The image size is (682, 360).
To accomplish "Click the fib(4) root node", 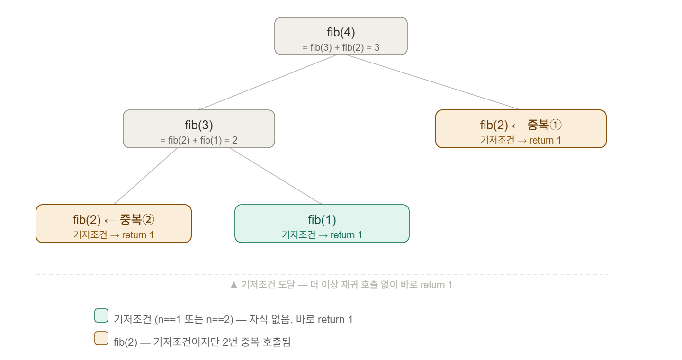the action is click(x=341, y=36).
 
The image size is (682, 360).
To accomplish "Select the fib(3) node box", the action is click(x=199, y=129).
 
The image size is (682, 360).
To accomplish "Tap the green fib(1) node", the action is click(x=322, y=224).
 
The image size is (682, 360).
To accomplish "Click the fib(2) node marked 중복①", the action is click(x=520, y=129).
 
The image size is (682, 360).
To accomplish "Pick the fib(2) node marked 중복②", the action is click(x=114, y=224).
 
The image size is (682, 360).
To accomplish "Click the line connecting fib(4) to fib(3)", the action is click(x=267, y=82).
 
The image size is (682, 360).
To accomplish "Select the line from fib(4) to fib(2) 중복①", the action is click(x=433, y=82).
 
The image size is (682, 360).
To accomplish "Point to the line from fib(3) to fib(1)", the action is click(x=276, y=176).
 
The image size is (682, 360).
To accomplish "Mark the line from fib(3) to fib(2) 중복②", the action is click(x=145, y=176).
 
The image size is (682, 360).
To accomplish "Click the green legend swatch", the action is click(x=101, y=315).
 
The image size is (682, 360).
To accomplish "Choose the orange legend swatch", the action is click(x=101, y=338).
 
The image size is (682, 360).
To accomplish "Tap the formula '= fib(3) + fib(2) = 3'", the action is click(x=341, y=47).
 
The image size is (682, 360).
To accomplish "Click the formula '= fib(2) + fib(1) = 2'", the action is click(x=199, y=140).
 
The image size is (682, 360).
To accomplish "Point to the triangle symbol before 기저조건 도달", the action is click(x=234, y=285).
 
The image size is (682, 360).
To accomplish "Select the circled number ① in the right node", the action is click(x=556, y=125).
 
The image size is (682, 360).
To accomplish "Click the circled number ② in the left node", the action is click(x=149, y=220).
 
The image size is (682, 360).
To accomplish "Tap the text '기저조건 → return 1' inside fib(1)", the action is click(x=322, y=235).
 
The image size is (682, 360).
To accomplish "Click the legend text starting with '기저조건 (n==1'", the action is click(x=233, y=319).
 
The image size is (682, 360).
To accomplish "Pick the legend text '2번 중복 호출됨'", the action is click(x=256, y=342).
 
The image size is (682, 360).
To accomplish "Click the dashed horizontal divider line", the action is click(x=322, y=275).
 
